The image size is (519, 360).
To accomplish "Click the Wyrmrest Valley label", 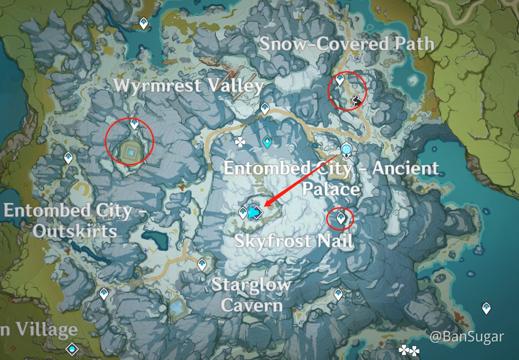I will click(x=189, y=86).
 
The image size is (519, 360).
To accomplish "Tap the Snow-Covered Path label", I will click(x=346, y=44).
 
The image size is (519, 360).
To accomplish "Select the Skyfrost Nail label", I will click(x=294, y=241).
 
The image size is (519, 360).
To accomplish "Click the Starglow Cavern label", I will click(x=251, y=295).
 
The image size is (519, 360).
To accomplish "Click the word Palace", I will click(x=331, y=189).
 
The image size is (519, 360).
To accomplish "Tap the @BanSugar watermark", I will click(x=467, y=337).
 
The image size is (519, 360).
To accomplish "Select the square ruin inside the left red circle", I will click(x=131, y=151).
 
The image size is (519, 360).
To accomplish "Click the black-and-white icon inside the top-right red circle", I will click(x=357, y=99).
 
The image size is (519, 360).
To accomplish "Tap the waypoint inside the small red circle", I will click(x=340, y=218).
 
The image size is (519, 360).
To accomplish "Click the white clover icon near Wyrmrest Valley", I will click(x=241, y=141).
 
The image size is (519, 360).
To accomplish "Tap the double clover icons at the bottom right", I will click(x=409, y=351).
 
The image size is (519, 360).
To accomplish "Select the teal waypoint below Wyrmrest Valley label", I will click(x=268, y=141).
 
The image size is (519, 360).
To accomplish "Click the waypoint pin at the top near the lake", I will click(x=144, y=22).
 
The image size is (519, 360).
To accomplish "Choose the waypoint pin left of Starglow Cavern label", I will click(x=202, y=264).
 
